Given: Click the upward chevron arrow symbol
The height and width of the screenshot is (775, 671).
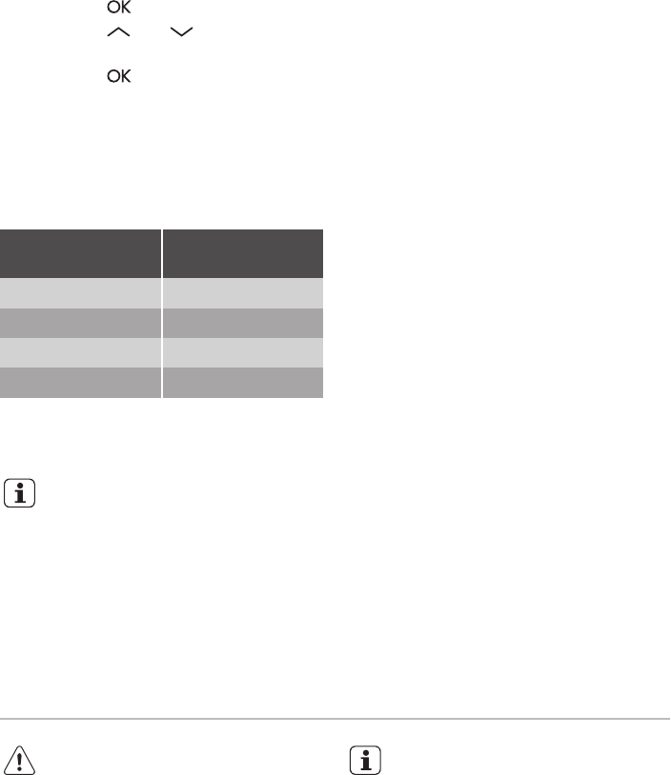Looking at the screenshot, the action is pyautogui.click(x=118, y=32).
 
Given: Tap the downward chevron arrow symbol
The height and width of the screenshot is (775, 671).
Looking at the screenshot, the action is pyautogui.click(x=181, y=32).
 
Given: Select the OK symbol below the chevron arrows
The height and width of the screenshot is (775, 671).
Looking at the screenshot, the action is pyautogui.click(x=119, y=76).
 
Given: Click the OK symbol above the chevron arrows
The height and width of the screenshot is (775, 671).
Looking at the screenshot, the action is pyautogui.click(x=119, y=7).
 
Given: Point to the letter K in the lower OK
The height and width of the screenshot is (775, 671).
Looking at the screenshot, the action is pyautogui.click(x=126, y=76).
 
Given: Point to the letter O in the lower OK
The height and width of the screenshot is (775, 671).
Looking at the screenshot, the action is pyautogui.click(x=113, y=76).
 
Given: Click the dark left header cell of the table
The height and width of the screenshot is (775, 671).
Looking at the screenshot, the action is pyautogui.click(x=80, y=253).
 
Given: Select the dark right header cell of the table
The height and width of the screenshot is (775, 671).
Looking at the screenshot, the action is pyautogui.click(x=243, y=253).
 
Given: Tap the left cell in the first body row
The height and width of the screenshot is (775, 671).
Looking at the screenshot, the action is pyautogui.click(x=80, y=293).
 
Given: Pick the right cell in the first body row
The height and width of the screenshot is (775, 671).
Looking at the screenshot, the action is pyautogui.click(x=243, y=293).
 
